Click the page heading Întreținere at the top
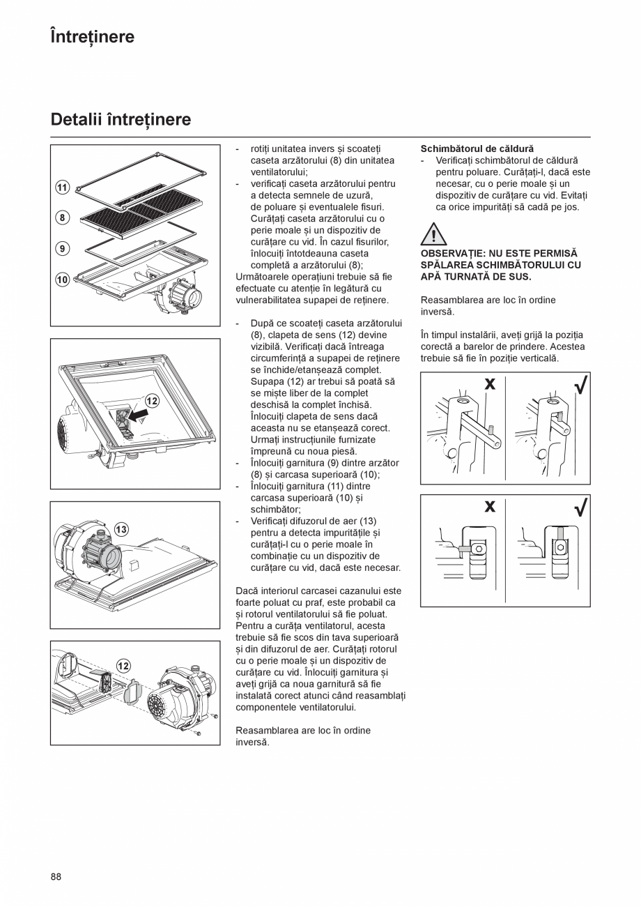92,36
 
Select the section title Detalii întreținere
121,120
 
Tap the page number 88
56,876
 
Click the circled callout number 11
62,187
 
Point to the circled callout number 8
62,218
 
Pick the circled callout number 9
62,248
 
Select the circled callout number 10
62,280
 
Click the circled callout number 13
121,529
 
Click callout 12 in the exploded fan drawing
123,666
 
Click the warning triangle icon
433,234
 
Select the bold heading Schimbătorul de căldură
477,149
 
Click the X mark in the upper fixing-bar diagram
490,384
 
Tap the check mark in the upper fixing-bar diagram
580,384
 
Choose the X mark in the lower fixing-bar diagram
490,506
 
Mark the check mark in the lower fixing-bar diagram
580,507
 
